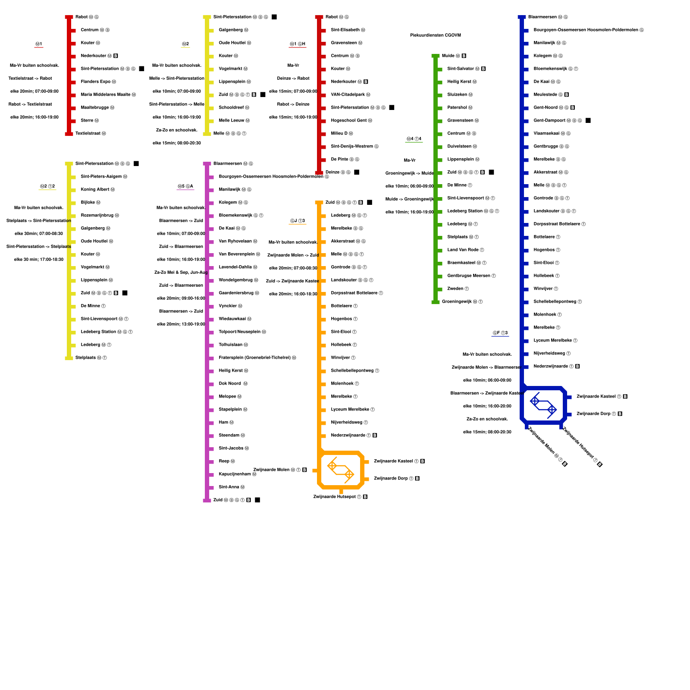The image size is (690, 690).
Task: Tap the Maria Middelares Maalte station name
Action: [105, 95]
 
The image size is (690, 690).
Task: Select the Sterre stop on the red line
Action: [87, 121]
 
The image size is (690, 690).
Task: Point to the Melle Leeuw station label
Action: [231, 121]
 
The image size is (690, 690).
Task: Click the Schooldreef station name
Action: [231, 108]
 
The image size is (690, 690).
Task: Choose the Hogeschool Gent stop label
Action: [348, 121]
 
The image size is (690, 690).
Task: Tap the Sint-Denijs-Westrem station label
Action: [352, 147]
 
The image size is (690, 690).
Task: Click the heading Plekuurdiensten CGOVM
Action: [435, 35]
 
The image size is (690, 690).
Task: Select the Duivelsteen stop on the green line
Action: [459, 147]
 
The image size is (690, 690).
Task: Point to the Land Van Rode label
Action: [463, 250]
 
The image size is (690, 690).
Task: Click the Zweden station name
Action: [455, 289]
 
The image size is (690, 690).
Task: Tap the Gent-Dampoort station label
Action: [549, 121]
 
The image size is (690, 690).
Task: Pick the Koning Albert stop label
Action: [95, 190]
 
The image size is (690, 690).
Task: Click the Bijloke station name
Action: [88, 203]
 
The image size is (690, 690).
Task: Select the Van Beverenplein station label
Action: [236, 254]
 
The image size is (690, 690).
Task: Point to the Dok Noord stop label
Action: [230, 384]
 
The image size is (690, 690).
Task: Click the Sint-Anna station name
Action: [229, 487]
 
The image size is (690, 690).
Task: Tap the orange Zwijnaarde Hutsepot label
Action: [334, 497]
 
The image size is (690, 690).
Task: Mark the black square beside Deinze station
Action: [357, 172]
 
